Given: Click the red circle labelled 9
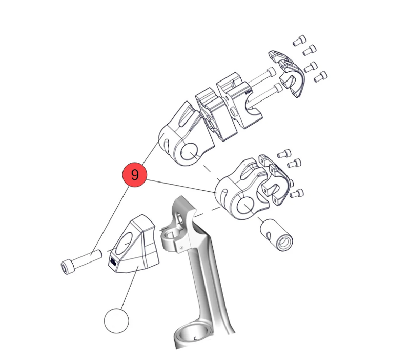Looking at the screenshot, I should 134,175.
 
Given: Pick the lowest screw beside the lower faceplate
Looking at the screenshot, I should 299,193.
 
